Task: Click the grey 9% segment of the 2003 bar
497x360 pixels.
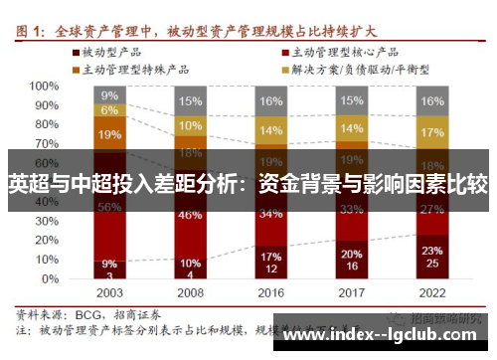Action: (110, 95)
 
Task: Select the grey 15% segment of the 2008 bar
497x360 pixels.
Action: (190, 101)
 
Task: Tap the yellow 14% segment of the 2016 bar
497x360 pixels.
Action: (270, 130)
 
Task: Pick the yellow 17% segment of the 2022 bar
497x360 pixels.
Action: (431, 132)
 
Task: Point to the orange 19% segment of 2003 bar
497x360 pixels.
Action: (110, 134)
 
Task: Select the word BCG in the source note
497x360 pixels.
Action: (86, 312)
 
